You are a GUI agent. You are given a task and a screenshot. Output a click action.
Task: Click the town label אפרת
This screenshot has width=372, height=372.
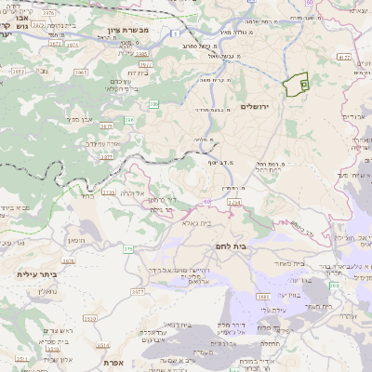pyautogui.click(x=116, y=362)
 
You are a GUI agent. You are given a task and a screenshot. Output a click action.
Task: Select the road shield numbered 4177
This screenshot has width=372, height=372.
pyautogui.click(x=344, y=58)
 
